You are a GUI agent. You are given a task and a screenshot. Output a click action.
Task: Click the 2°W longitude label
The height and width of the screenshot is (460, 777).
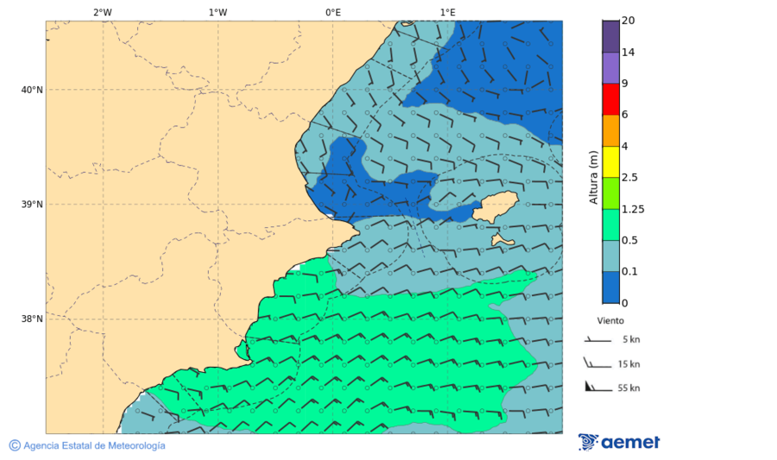102,12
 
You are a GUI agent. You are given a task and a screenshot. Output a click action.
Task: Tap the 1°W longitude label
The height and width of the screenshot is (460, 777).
218,12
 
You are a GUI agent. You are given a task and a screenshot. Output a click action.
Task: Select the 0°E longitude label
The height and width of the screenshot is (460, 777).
332,12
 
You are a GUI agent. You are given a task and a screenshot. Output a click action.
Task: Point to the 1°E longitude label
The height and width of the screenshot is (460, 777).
447,12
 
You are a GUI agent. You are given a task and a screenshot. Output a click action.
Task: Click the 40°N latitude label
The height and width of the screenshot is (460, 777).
32,90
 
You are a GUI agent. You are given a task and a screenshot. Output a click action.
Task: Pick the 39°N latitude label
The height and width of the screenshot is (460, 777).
32,205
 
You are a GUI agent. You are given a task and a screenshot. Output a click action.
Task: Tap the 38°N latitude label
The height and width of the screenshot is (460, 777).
32,319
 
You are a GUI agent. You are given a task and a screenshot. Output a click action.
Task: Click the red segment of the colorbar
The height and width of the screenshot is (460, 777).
610,99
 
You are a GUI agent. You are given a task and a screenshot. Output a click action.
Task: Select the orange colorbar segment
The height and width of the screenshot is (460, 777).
610,130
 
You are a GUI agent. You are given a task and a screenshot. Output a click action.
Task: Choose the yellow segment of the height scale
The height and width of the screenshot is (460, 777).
610,161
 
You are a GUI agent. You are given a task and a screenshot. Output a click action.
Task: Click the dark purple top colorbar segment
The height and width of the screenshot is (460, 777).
610,36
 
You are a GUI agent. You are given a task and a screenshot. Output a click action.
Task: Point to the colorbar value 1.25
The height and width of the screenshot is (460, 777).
633,209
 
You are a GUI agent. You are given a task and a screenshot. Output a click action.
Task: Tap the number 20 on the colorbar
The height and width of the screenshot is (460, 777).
628,21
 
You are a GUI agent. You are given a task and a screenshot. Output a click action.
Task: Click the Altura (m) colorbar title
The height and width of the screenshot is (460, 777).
593,177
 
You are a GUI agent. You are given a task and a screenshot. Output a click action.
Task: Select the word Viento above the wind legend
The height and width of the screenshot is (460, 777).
610,319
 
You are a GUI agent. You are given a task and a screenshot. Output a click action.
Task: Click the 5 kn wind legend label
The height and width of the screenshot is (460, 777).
630,340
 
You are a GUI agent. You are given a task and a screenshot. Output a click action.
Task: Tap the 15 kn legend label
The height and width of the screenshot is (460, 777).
629,364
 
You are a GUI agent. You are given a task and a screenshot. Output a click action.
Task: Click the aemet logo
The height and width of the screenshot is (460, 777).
619,442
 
